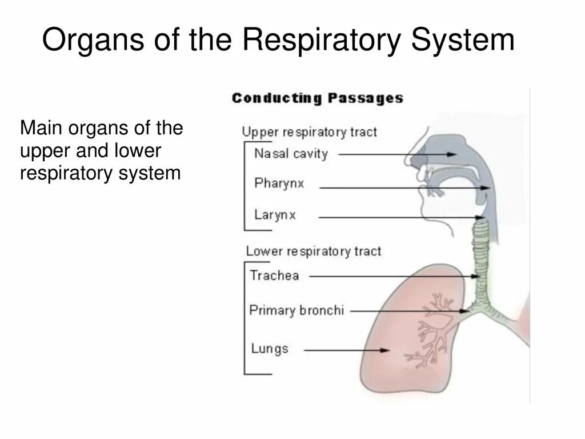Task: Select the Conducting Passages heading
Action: [317, 98]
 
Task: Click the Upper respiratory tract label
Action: [309, 132]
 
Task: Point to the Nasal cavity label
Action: [291, 154]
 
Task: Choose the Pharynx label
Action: [279, 184]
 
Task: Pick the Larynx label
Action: [275, 215]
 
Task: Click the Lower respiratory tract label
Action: [313, 251]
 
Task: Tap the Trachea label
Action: [274, 276]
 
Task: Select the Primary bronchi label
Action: [296, 310]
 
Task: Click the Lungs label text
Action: [270, 348]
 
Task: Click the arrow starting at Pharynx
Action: [406, 187]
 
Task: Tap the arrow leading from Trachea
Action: [394, 276]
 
